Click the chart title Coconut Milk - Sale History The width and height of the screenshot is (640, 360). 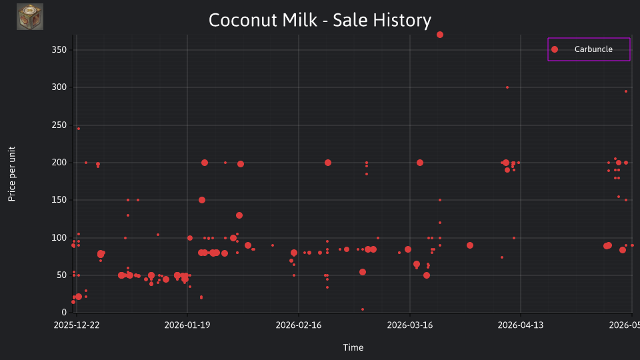[x=319, y=20]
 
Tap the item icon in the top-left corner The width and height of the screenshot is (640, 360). [x=30, y=17]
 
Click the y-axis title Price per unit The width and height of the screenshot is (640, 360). [x=12, y=174]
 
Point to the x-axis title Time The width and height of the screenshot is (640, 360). [x=353, y=347]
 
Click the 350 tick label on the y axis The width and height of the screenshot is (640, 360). [x=59, y=50]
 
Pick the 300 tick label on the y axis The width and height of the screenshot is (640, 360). [x=59, y=87]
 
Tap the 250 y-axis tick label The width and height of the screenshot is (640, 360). [x=59, y=125]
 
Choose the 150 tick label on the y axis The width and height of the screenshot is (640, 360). [x=59, y=200]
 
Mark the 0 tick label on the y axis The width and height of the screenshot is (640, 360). [x=64, y=312]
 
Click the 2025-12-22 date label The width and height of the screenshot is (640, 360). [x=76, y=325]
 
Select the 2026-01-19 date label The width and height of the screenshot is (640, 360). [x=187, y=325]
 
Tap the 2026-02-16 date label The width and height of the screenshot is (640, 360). [x=299, y=325]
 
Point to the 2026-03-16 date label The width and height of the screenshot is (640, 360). [x=410, y=325]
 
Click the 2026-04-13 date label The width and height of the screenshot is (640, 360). [x=521, y=325]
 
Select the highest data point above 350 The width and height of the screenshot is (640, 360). [x=439, y=35]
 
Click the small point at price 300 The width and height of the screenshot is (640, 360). [x=507, y=87]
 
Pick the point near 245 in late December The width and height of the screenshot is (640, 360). [x=79, y=129]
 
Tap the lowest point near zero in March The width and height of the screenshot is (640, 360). [x=363, y=309]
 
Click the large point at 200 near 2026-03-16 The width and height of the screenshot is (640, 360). [x=420, y=163]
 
